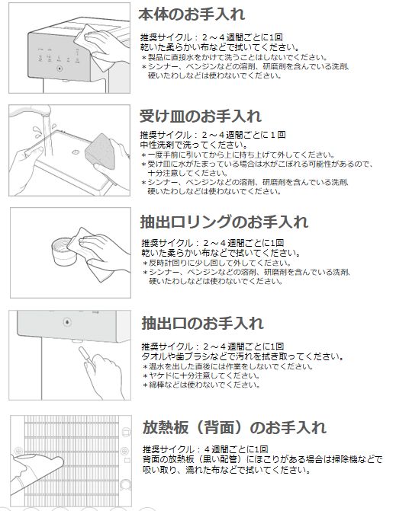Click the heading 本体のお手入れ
[x=192, y=14]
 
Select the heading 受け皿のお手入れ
[x=201, y=116]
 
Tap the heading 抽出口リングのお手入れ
[x=224, y=222]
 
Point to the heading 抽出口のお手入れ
[x=202, y=323]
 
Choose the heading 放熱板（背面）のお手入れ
[x=234, y=427]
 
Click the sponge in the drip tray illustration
[x=100, y=152]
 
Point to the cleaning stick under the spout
[x=86, y=358]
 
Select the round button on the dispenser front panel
[x=60, y=69]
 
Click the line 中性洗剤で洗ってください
[x=194, y=145]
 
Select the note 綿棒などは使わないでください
[x=201, y=385]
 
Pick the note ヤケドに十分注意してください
[x=201, y=375]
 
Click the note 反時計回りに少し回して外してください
[x=217, y=263]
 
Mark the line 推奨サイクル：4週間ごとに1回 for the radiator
[x=205, y=449]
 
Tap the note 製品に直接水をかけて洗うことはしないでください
[x=234, y=57]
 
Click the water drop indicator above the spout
[x=67, y=322]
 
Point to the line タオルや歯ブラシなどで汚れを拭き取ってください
[x=243, y=356]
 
